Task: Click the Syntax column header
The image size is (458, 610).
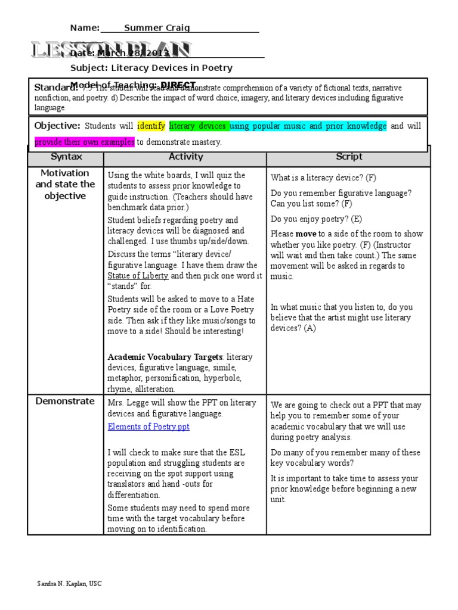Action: [x=66, y=157]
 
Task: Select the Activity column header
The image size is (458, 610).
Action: [x=185, y=157]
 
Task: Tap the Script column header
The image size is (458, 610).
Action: [x=348, y=157]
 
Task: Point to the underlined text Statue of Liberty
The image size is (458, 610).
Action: [x=138, y=276]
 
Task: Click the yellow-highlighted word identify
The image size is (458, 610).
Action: [x=151, y=126]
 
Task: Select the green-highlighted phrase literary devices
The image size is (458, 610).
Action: [x=198, y=126]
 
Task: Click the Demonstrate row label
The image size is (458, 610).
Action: [x=64, y=401]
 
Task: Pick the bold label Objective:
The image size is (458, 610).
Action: [x=57, y=126]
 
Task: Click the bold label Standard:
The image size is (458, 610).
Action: [x=52, y=87]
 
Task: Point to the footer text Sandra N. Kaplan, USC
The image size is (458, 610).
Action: [x=69, y=584]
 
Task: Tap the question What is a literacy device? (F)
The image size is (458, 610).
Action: [x=323, y=178]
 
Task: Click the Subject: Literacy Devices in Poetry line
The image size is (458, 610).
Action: [x=151, y=68]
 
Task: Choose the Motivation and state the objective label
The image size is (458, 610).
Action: [x=66, y=184]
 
